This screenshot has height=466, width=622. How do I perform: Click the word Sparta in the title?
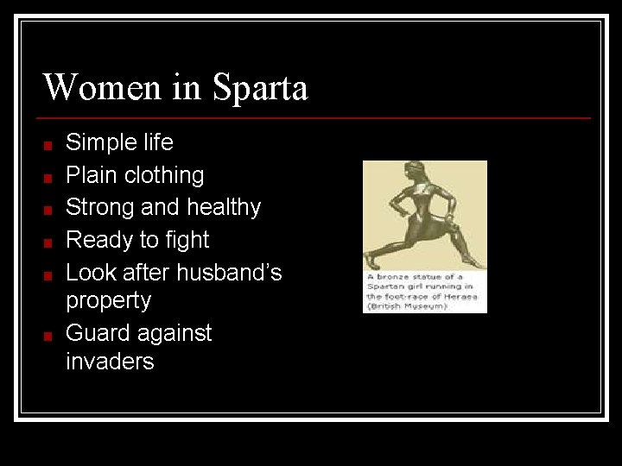coord(259,88)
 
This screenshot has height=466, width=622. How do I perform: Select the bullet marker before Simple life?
coord(50,145)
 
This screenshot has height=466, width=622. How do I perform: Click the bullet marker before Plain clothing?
coord(50,178)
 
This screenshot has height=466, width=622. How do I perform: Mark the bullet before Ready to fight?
coord(50,242)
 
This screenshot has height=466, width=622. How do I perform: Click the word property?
coord(108,301)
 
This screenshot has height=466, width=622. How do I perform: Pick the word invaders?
coord(110,362)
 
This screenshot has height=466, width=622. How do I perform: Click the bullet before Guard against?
coord(50,336)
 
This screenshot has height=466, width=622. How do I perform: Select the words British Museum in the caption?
coord(407,305)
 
